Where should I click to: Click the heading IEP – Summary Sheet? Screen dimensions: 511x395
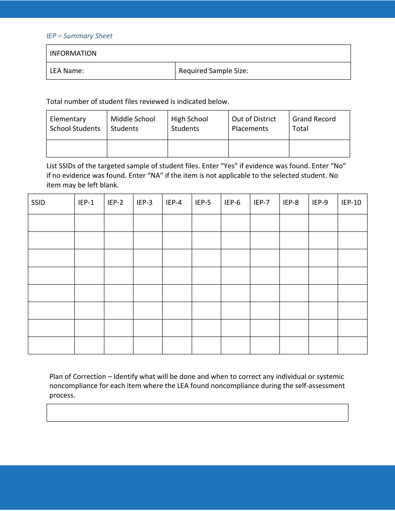(79, 36)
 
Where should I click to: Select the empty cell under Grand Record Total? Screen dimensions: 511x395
(319, 148)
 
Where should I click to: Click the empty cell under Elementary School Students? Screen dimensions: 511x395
(77, 148)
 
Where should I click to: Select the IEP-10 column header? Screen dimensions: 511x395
(352, 203)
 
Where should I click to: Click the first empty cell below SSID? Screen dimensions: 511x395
(51, 223)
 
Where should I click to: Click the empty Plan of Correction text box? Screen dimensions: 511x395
(197, 413)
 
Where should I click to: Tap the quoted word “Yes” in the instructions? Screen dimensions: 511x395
(228, 166)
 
